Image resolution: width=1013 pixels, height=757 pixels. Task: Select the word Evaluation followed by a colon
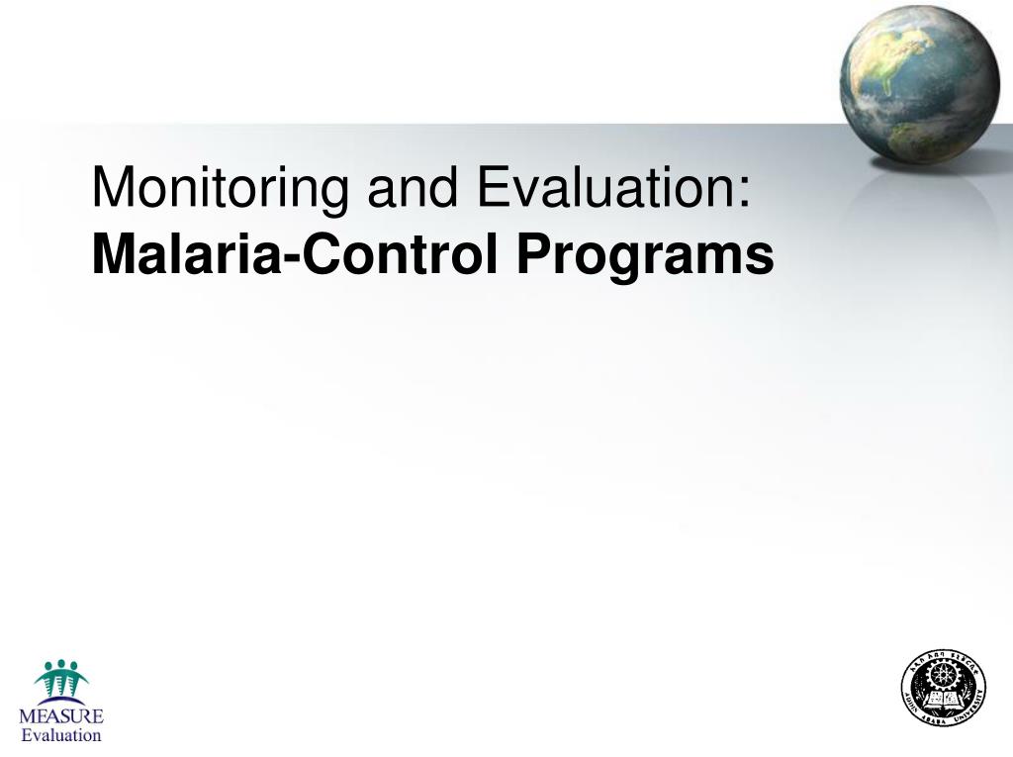[x=604, y=187]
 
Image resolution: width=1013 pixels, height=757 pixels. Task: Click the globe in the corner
[x=920, y=83]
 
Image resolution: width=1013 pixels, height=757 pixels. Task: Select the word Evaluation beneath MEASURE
[x=61, y=735]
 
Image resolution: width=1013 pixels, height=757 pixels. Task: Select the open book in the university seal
[x=944, y=701]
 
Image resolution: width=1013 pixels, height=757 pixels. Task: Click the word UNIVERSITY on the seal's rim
[x=974, y=708]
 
